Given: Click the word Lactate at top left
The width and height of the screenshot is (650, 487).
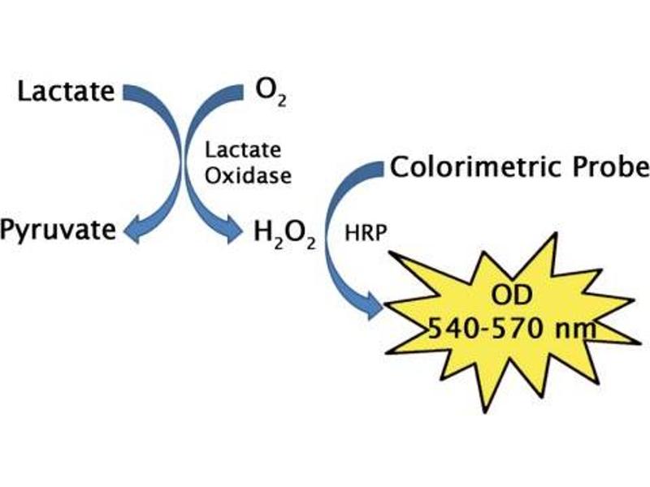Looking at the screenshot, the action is (66, 91).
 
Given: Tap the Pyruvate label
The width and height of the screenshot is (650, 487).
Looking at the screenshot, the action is (58, 231).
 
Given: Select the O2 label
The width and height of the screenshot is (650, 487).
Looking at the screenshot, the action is (271, 93).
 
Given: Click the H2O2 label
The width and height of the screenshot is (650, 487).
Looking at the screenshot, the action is (285, 235).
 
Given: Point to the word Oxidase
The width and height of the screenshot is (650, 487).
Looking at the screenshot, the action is (249, 175).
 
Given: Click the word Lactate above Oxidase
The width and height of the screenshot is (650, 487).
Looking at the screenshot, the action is (243, 150).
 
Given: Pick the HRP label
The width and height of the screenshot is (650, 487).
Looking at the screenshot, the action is (366, 233).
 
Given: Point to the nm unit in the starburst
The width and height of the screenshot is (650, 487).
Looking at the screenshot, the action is (574, 330).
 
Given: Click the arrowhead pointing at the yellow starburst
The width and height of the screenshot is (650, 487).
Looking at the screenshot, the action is (376, 306).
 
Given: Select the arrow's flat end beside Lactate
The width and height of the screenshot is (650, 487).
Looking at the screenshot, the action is (124, 93).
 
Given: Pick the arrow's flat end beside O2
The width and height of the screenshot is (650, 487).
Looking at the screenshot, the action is (241, 93).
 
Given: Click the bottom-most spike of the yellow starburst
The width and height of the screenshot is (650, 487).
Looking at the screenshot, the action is (485, 412).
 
